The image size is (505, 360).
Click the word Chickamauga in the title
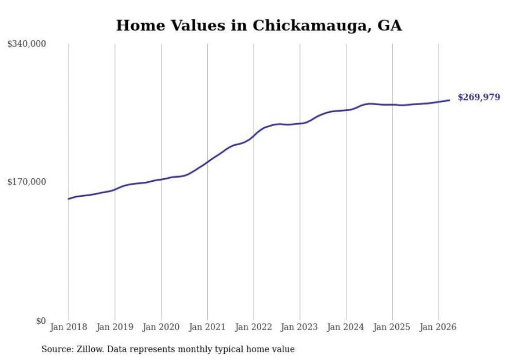(310, 25)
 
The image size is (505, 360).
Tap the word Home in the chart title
(140, 25)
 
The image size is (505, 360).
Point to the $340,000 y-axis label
(27, 43)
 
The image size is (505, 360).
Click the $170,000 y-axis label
(27, 182)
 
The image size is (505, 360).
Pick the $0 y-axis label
(41, 321)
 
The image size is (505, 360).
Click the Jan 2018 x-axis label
(69, 327)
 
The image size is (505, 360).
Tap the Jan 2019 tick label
(115, 327)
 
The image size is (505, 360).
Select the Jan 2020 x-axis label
(161, 327)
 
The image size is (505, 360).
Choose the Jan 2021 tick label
(207, 327)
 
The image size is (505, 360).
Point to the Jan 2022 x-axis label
(254, 327)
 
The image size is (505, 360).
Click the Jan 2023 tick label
(300, 327)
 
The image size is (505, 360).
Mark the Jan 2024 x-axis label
(346, 327)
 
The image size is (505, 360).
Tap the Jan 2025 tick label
(392, 327)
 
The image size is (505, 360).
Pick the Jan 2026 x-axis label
(439, 327)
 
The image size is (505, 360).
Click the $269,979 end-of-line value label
(479, 97)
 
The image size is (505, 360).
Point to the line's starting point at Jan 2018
(69, 199)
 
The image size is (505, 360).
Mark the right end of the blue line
(449, 100)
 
